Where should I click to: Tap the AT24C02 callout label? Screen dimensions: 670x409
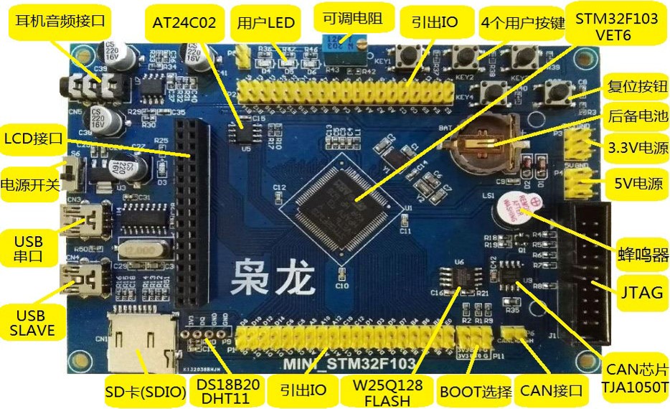coord(184,22)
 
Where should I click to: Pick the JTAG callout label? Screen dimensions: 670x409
coord(639,292)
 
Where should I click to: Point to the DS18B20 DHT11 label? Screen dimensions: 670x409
coord(230,392)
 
